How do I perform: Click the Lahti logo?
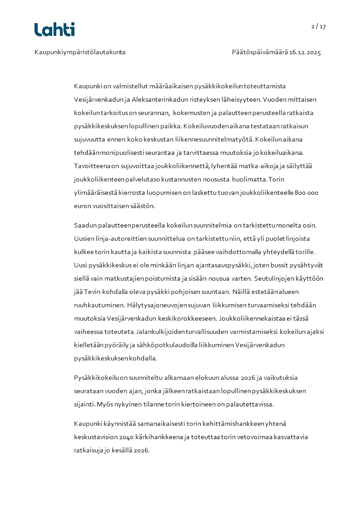[54, 30]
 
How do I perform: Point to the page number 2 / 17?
[319, 26]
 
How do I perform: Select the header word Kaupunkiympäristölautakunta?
[80, 52]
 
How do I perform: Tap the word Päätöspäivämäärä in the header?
[259, 52]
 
